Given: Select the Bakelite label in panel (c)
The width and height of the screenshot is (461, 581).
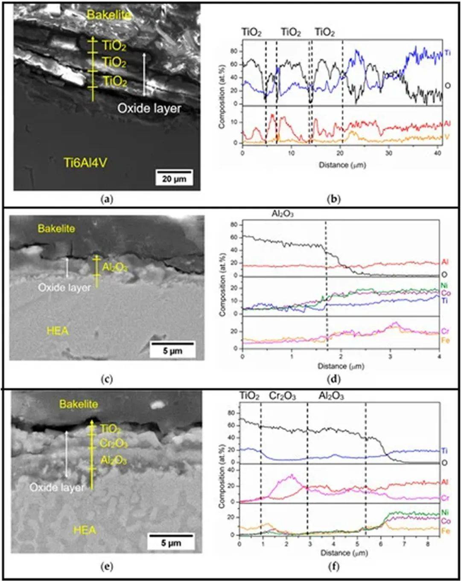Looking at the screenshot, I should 56,229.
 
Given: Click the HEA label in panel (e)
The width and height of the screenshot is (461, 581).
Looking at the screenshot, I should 85,530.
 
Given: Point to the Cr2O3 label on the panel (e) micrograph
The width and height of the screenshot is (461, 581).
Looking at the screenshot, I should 113,444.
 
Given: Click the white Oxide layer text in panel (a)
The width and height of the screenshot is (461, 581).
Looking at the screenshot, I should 149,108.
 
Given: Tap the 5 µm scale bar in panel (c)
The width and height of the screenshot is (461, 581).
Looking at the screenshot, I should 172,350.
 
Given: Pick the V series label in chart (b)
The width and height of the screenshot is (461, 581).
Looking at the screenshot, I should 447,137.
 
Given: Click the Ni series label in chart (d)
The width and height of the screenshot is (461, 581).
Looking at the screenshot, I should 444,285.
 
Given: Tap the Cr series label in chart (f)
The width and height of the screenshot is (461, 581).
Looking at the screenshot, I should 445,498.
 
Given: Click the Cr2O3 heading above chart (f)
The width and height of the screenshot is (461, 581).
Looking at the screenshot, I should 282,396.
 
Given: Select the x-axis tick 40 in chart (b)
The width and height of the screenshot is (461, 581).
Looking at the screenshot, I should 438,153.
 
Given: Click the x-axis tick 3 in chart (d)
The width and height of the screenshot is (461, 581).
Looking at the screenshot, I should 390,356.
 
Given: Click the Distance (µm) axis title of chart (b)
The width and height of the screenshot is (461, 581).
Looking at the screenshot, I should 342,165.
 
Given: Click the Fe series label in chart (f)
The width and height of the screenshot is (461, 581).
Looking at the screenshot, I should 445,531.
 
